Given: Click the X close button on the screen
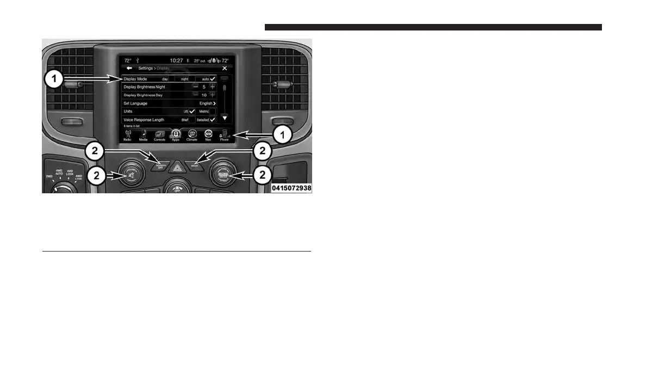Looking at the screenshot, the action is [x=225, y=69].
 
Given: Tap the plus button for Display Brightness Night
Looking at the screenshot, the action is [x=213, y=87].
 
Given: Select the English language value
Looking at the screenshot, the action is [x=207, y=103].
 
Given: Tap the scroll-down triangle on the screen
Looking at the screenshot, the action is [x=224, y=118].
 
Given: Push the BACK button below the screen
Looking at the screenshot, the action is [x=195, y=164].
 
